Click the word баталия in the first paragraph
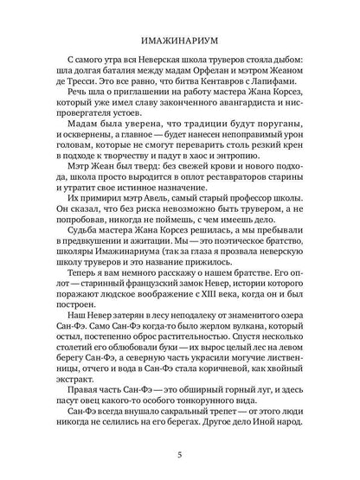(x=106, y=74)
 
